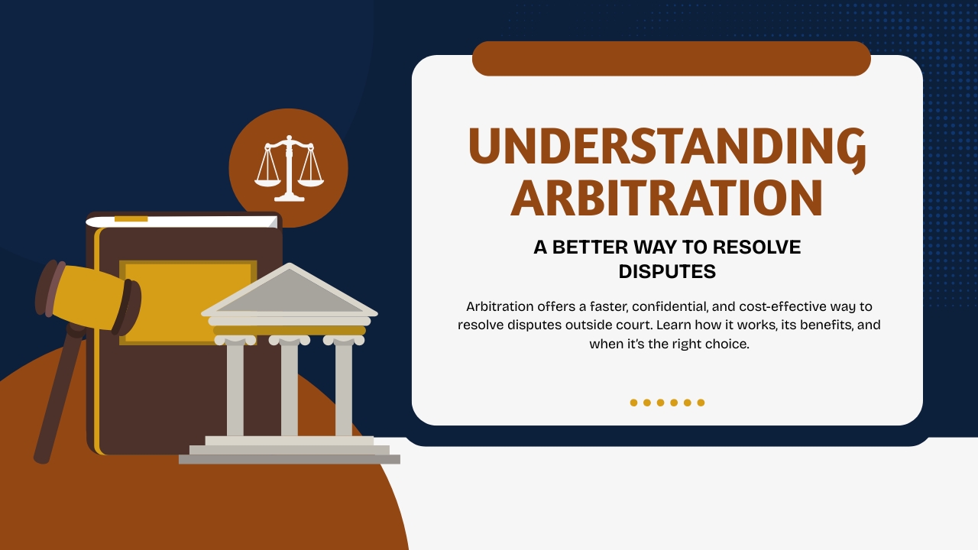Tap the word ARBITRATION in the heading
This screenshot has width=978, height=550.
click(x=666, y=198)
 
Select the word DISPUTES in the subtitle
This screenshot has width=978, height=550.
click(x=666, y=271)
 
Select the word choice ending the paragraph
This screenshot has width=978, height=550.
click(x=727, y=344)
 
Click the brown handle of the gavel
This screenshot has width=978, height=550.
click(x=57, y=397)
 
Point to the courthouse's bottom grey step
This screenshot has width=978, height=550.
click(x=289, y=459)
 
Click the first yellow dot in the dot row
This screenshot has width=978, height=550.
click(x=633, y=403)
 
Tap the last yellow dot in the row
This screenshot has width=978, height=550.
click(x=701, y=403)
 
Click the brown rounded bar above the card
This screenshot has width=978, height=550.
click(x=671, y=59)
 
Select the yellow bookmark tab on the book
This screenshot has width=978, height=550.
click(x=131, y=219)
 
